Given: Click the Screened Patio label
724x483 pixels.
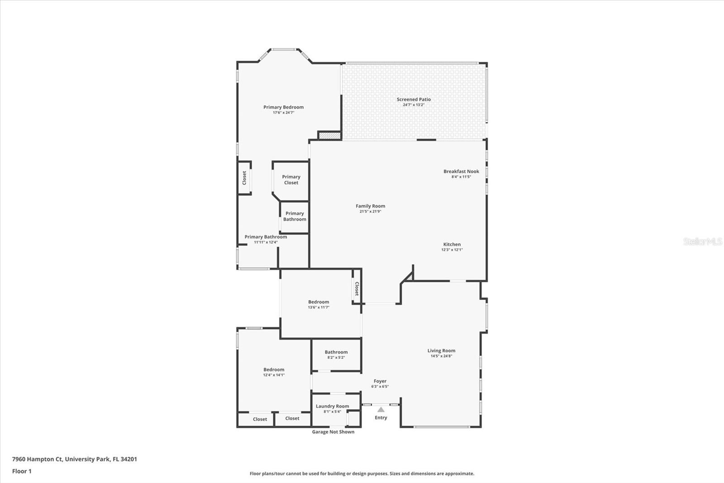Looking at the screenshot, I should pos(414,99).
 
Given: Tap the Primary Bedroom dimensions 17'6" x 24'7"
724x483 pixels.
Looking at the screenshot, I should pos(283,112).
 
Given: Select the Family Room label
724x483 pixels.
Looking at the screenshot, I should pos(370,206).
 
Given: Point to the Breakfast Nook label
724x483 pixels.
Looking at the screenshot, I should pos(461,171).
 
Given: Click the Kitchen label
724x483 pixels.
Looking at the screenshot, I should pos(452,244).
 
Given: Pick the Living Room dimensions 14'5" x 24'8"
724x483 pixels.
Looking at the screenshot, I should pos(441,356).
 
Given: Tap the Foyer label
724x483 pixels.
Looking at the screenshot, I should pos(380,381).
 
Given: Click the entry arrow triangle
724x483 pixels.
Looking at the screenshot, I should pos(381,410).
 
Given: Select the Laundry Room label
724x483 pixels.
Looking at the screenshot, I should pos(332,406).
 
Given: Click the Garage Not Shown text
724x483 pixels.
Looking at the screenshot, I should pos(333,432).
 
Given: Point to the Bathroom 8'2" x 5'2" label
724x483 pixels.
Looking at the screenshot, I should pos(336,352).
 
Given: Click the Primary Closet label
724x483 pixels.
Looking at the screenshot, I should pos(291,180).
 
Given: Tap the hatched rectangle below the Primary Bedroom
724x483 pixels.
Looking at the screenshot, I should pos(329,135).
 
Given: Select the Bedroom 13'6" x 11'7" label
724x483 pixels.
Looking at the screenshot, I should pos(319,302).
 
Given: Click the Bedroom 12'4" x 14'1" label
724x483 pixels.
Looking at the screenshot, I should pos(274,370).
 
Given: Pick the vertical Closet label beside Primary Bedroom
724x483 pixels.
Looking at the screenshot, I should pos(244,178).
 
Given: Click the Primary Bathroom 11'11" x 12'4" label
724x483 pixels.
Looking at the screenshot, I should pos(266,237).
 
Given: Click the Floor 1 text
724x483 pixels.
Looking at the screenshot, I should pos(22,471).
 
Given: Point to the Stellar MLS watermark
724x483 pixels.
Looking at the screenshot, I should pos(702,241).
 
